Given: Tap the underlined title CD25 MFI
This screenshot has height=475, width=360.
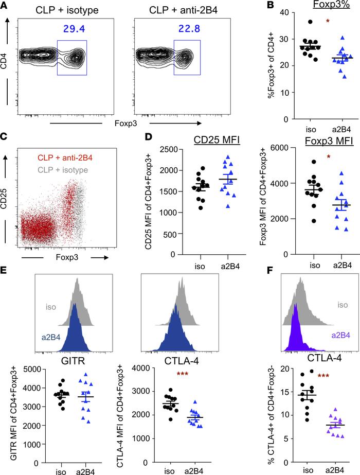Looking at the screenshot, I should tap(198, 152).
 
